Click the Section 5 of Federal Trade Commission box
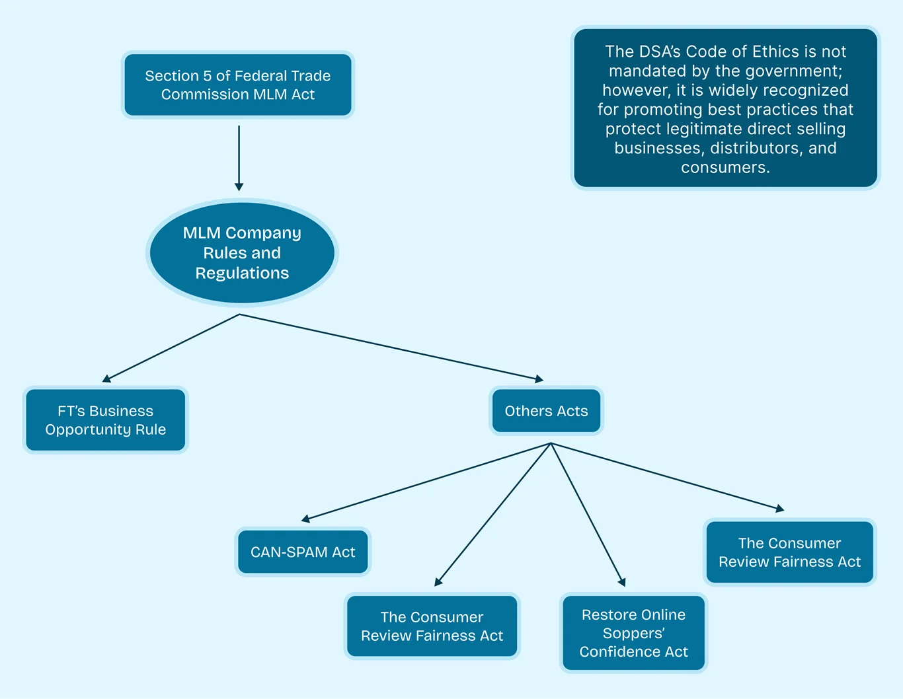238,85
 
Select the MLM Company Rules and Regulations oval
242,252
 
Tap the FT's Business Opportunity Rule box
106,420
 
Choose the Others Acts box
546,411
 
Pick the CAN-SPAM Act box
303,552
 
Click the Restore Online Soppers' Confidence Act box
633,633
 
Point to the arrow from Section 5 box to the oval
239,159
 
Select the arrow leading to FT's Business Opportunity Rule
171,348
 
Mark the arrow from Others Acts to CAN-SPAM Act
426,482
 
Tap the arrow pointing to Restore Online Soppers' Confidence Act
588,515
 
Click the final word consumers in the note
725,167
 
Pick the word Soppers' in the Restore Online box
633,634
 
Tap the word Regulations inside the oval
242,274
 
